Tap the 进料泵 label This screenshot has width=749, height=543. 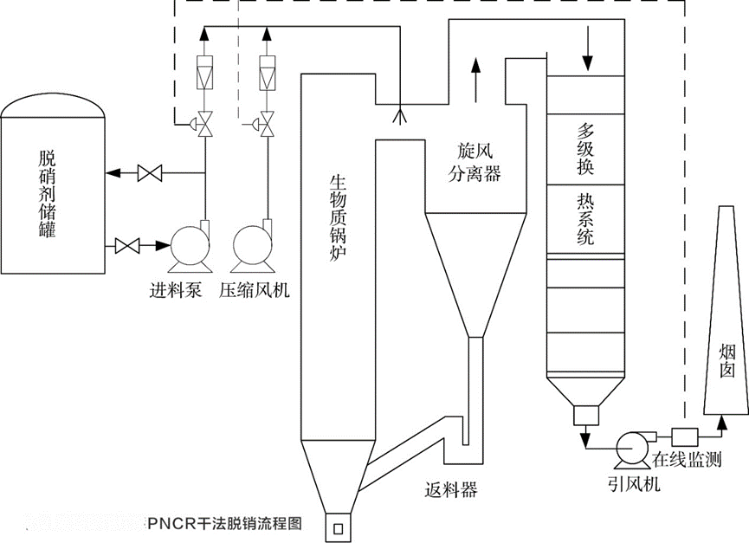point(176,291)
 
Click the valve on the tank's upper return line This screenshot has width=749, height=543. point(150,174)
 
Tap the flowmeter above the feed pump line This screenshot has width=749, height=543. point(204,74)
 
